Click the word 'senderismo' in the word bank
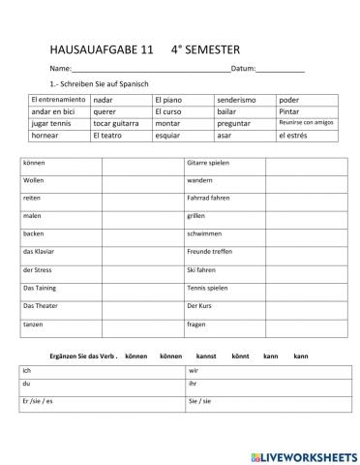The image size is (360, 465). (x=237, y=100)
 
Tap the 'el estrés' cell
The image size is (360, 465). (x=293, y=137)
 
